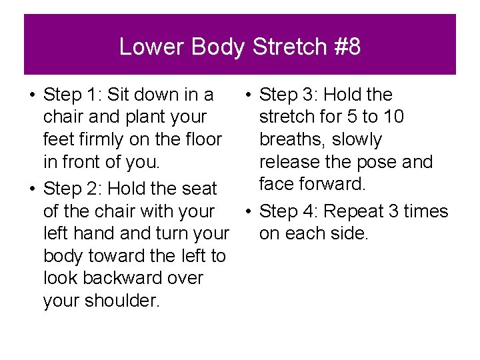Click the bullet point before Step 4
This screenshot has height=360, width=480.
tap(247, 211)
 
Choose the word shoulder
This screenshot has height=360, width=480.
tap(123, 301)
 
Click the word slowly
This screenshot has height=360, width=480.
tap(357, 140)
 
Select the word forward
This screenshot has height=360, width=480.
tap(333, 183)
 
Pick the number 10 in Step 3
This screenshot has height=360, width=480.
tap(393, 117)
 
